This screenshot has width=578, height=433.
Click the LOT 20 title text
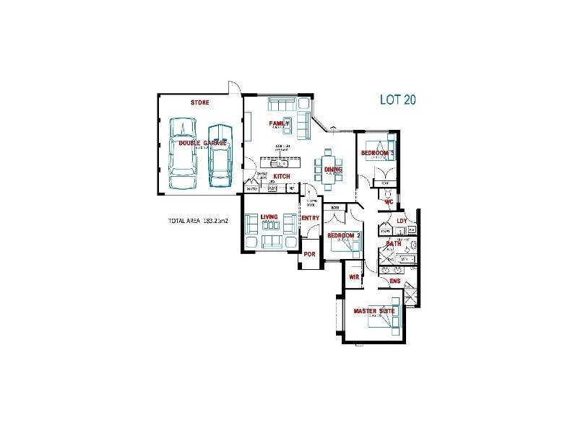[397, 100]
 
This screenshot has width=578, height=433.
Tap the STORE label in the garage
[200, 103]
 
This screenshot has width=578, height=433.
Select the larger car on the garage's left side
[180, 154]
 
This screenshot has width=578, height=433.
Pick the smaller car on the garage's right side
[219, 155]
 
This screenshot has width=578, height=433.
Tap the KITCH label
[282, 176]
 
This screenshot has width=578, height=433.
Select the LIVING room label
[269, 216]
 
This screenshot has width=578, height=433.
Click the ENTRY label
[310, 218]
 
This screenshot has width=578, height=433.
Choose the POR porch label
[309, 254]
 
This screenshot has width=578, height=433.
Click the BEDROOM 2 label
[343, 235]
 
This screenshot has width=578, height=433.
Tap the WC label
[389, 202]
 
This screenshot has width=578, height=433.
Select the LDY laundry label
[402, 220]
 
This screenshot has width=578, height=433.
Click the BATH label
[394, 244]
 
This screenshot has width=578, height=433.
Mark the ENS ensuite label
[394, 280]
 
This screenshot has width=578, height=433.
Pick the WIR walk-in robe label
[355, 276]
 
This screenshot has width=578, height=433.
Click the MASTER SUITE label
[374, 311]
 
